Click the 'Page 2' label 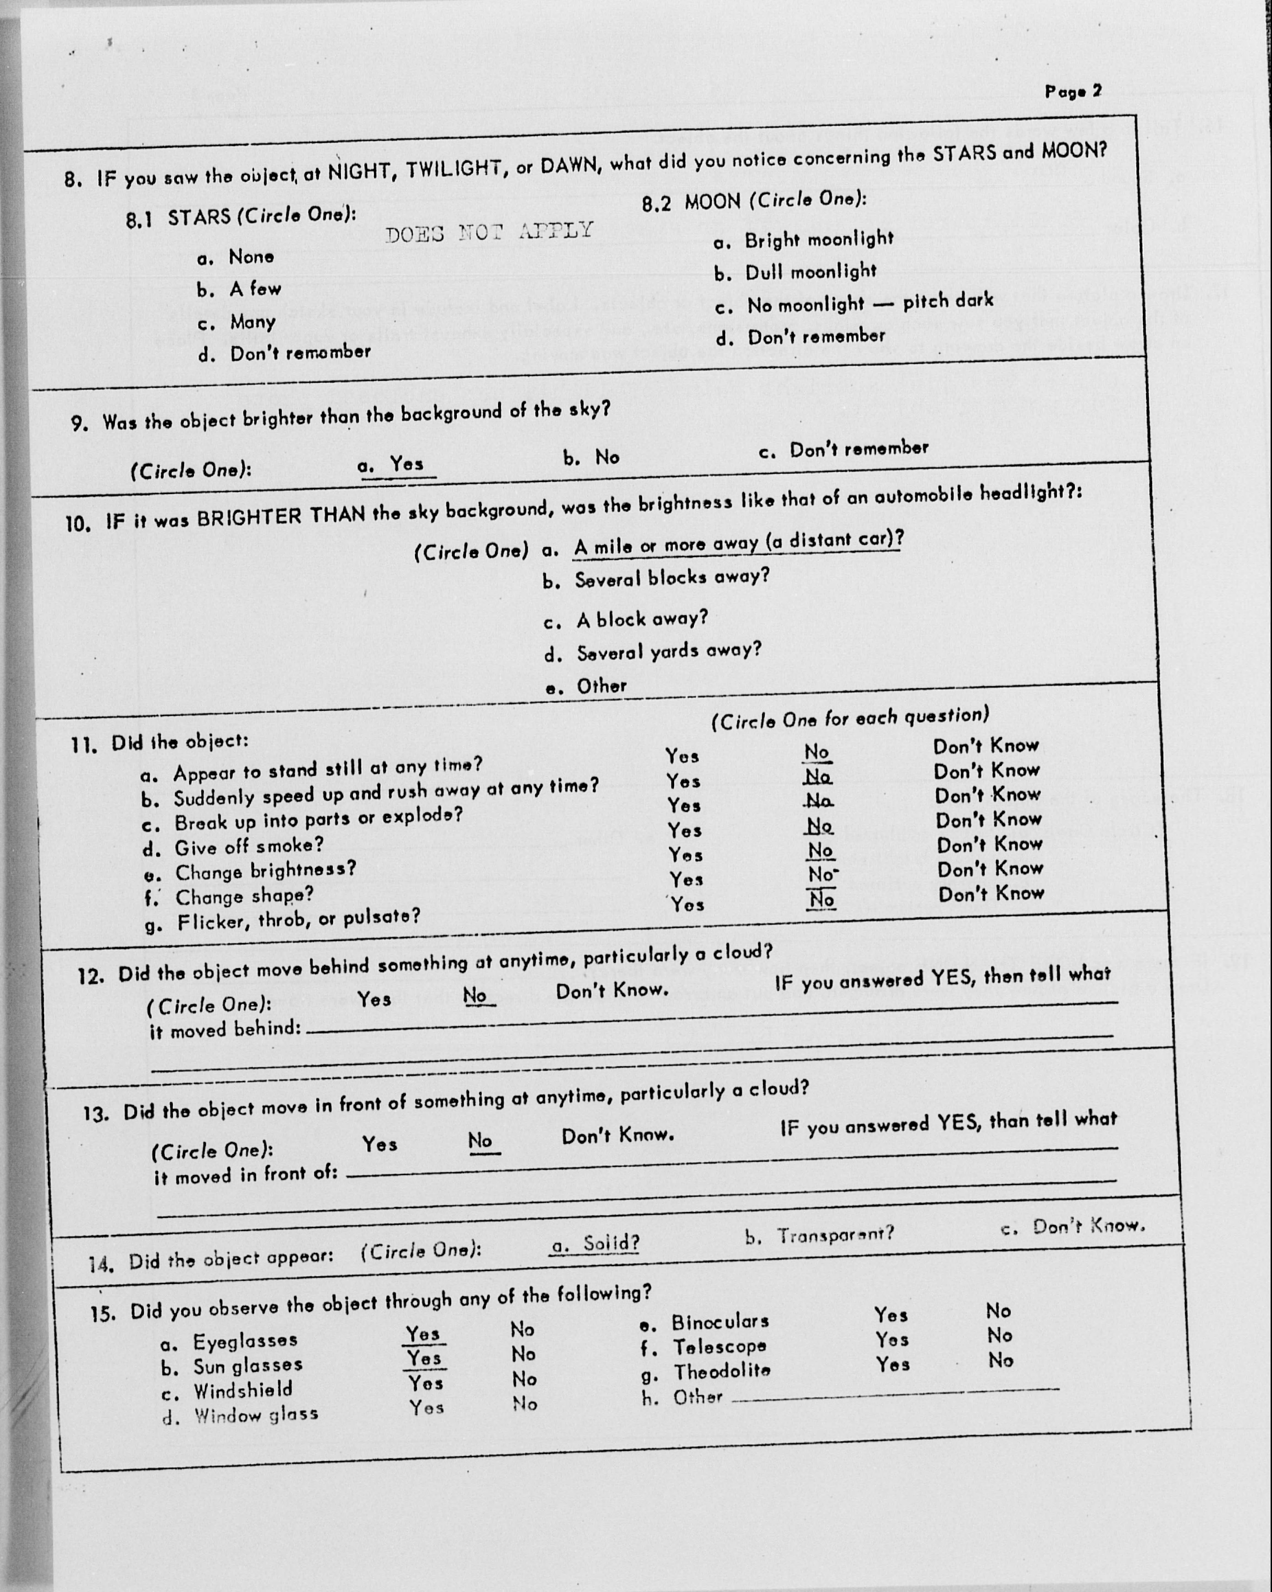coord(1073,91)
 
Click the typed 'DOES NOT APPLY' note coord(489,232)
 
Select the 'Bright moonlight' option coord(818,240)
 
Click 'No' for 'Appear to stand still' coord(817,752)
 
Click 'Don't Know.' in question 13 coord(617,1135)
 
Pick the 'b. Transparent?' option coord(819,1234)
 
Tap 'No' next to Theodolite coord(1000,1360)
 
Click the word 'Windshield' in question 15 coord(243,1390)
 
